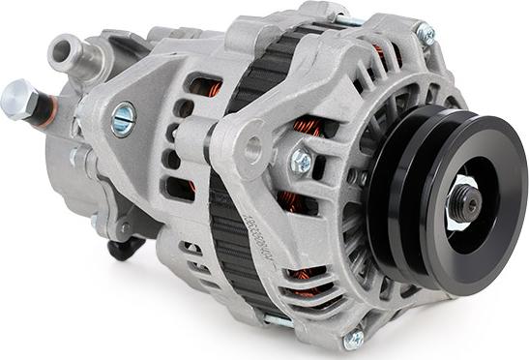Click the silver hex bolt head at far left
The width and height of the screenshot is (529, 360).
pos(16,98)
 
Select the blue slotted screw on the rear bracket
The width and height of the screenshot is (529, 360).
pos(123,118)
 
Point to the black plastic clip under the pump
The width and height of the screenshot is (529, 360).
pos(125,249)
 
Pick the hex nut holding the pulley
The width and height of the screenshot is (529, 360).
pos(461,204)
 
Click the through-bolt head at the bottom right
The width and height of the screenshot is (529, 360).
pos(354,338)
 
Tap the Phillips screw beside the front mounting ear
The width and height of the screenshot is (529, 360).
pos(302,162)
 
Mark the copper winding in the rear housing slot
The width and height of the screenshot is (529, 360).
pos(205,88)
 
